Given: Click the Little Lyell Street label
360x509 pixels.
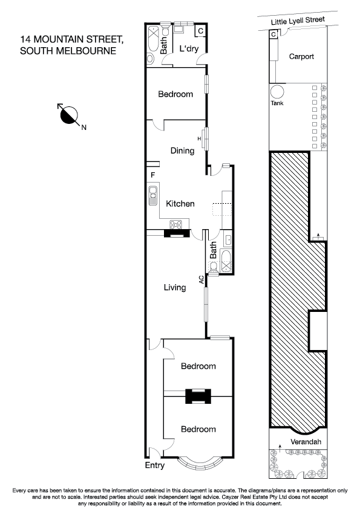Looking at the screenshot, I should pyautogui.click(x=298, y=20).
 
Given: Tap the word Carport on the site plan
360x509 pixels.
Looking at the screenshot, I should pyautogui.click(x=301, y=56).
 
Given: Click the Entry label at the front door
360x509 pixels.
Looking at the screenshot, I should pyautogui.click(x=154, y=465).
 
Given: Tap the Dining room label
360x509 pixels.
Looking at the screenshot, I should pyautogui.click(x=182, y=151).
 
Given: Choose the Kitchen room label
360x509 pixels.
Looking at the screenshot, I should pyautogui.click(x=180, y=204).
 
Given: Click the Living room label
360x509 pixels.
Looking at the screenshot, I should pyautogui.click(x=174, y=288).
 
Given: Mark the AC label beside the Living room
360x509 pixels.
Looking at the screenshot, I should pyautogui.click(x=201, y=279).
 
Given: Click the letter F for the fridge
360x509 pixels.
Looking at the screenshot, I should pyautogui.click(x=153, y=175).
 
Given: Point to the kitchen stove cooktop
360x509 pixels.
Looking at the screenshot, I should pyautogui.click(x=177, y=225).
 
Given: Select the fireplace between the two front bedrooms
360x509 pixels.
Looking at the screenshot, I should pyautogui.click(x=197, y=396).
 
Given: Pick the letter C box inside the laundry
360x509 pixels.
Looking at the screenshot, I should pyautogui.click(x=201, y=30).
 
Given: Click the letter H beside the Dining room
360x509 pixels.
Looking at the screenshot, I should pyautogui.click(x=199, y=138).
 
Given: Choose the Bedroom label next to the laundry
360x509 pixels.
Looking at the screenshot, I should pyautogui.click(x=175, y=94).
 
